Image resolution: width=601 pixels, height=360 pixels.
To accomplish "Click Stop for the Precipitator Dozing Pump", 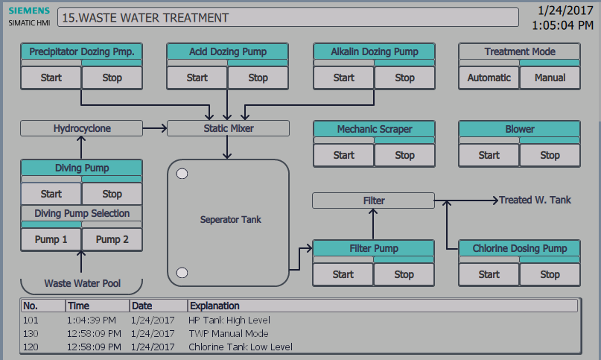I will [x=112, y=78].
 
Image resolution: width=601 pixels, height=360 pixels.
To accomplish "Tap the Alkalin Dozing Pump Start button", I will [x=343, y=78].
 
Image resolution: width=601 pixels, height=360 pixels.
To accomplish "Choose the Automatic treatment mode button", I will [x=489, y=78].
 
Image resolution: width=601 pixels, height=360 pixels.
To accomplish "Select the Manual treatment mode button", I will [x=550, y=78].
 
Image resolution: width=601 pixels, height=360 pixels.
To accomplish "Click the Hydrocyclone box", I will [x=81, y=129].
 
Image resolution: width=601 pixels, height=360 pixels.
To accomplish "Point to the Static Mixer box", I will [x=228, y=129].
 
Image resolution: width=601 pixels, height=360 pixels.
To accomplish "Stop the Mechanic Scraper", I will [x=404, y=155].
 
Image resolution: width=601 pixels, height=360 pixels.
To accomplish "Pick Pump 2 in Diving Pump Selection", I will [x=112, y=239].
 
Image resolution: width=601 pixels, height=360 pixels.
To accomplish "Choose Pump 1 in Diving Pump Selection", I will [x=51, y=239].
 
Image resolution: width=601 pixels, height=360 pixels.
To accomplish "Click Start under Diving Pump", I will [x=51, y=194].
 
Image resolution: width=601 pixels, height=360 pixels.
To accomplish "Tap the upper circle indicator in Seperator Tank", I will [x=182, y=174].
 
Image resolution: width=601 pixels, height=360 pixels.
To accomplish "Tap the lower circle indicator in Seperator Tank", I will [x=182, y=272].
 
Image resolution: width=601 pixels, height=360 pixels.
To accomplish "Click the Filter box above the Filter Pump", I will [x=373, y=200].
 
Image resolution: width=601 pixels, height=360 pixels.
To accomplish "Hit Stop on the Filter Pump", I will [x=404, y=274].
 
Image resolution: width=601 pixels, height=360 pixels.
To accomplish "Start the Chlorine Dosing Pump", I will [x=489, y=274].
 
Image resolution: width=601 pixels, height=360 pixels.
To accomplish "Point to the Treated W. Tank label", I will [x=535, y=200].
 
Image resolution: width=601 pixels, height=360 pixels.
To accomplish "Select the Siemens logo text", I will [x=30, y=11].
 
